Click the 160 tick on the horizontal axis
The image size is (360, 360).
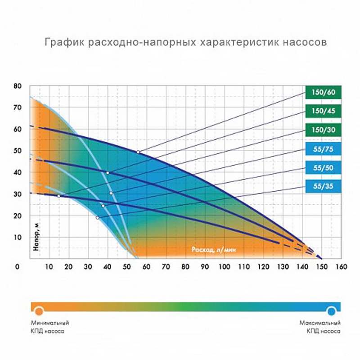342,267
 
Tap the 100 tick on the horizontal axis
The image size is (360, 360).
225,267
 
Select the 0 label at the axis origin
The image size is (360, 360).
18,267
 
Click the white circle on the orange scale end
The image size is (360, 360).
39,310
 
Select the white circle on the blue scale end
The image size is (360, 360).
332,310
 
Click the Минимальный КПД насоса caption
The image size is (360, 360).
49,326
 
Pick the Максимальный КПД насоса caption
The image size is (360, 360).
320,326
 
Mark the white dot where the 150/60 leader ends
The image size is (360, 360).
138,152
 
